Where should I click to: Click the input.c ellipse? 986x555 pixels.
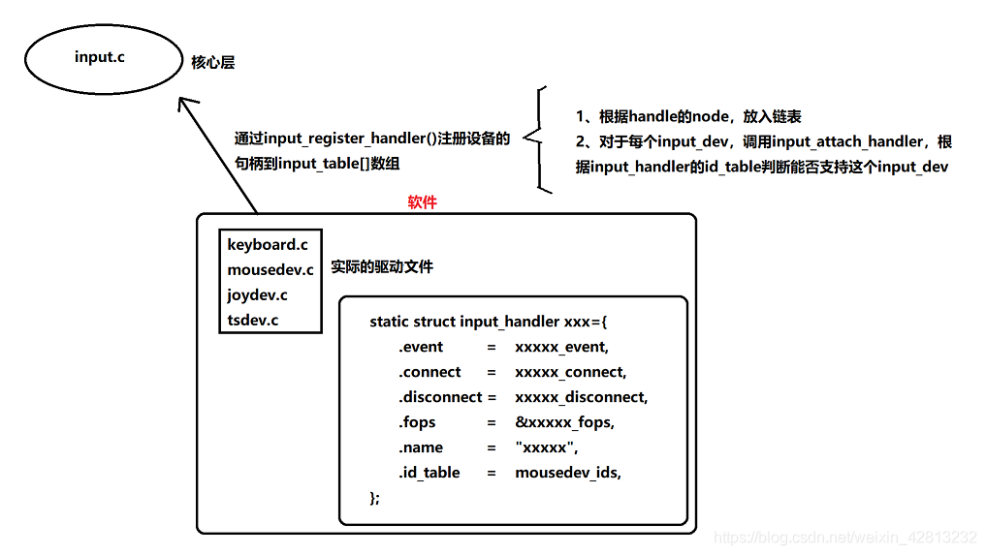100,58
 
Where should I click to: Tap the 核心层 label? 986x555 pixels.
212,63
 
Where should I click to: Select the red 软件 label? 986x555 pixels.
422,202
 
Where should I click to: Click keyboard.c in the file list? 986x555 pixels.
268,245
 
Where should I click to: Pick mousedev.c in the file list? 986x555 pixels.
270,270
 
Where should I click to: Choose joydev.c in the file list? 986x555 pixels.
257,295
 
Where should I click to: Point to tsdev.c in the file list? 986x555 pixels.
253,321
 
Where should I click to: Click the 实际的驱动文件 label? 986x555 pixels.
382,266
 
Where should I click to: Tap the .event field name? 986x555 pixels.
421,347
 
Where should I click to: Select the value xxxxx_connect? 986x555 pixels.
570,372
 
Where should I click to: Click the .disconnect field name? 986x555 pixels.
440,397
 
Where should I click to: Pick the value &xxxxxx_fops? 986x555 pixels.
564,422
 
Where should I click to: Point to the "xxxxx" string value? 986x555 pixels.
546,447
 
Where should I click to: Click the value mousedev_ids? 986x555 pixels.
567,473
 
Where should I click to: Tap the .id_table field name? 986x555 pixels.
429,473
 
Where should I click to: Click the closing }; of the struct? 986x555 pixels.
375,498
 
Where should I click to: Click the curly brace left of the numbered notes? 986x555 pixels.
536,139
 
